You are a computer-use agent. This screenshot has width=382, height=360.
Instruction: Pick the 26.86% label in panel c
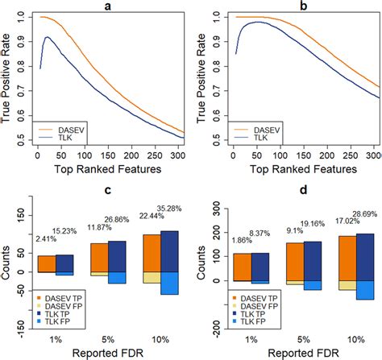click(121, 219)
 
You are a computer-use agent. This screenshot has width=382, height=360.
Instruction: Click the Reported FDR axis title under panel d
click(297, 352)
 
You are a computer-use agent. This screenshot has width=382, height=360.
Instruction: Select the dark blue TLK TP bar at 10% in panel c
click(168, 251)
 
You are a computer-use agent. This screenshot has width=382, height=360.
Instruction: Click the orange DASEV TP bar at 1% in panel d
click(240, 267)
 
